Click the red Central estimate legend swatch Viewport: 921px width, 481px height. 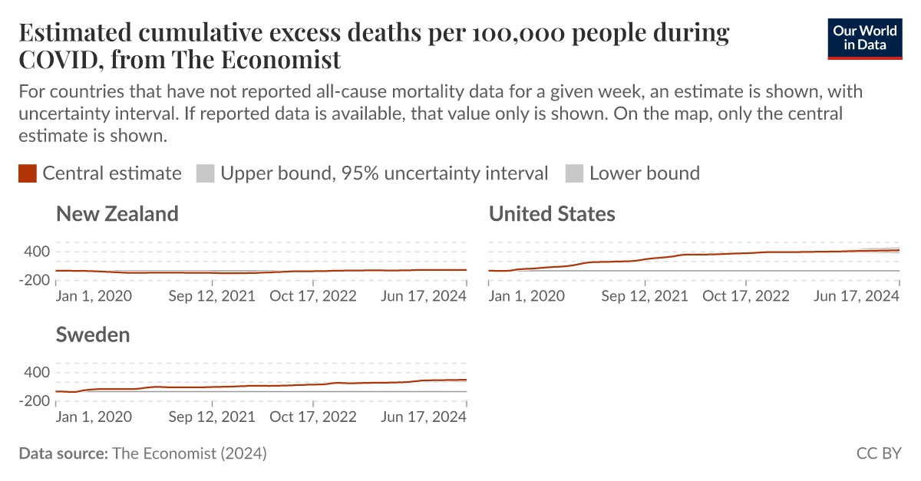[28, 173]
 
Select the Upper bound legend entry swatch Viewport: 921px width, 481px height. [206, 173]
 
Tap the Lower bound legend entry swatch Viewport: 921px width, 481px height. [574, 173]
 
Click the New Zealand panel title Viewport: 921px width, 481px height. [117, 213]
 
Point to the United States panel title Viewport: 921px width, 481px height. [552, 213]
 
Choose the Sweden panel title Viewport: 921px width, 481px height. [93, 334]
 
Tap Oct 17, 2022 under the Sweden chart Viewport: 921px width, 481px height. [313, 417]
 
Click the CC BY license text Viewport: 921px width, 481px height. [879, 453]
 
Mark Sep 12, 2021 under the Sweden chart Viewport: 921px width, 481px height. [212, 417]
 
